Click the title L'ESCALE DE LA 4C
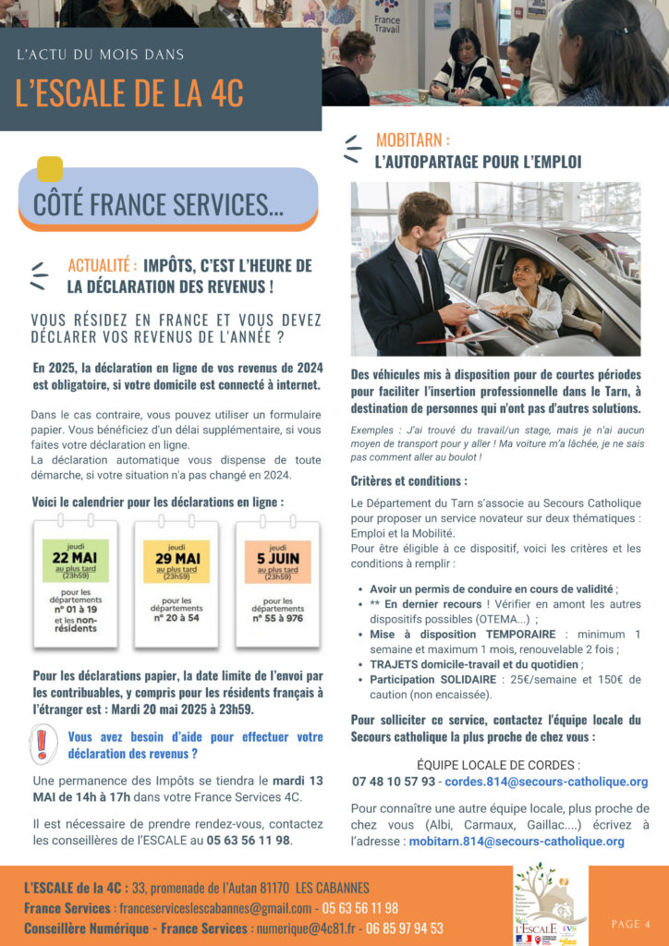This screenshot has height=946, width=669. click(129, 92)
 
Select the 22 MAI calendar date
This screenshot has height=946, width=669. click(76, 560)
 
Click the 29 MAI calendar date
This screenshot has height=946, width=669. click(176, 560)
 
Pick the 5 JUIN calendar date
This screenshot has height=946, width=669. click(277, 560)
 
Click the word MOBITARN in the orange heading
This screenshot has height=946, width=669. click(412, 140)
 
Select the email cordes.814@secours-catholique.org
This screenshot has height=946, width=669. click(546, 782)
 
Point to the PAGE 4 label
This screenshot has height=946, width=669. click(630, 924)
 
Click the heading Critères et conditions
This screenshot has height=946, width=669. click(408, 481)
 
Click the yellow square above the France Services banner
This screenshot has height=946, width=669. click(50, 169)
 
